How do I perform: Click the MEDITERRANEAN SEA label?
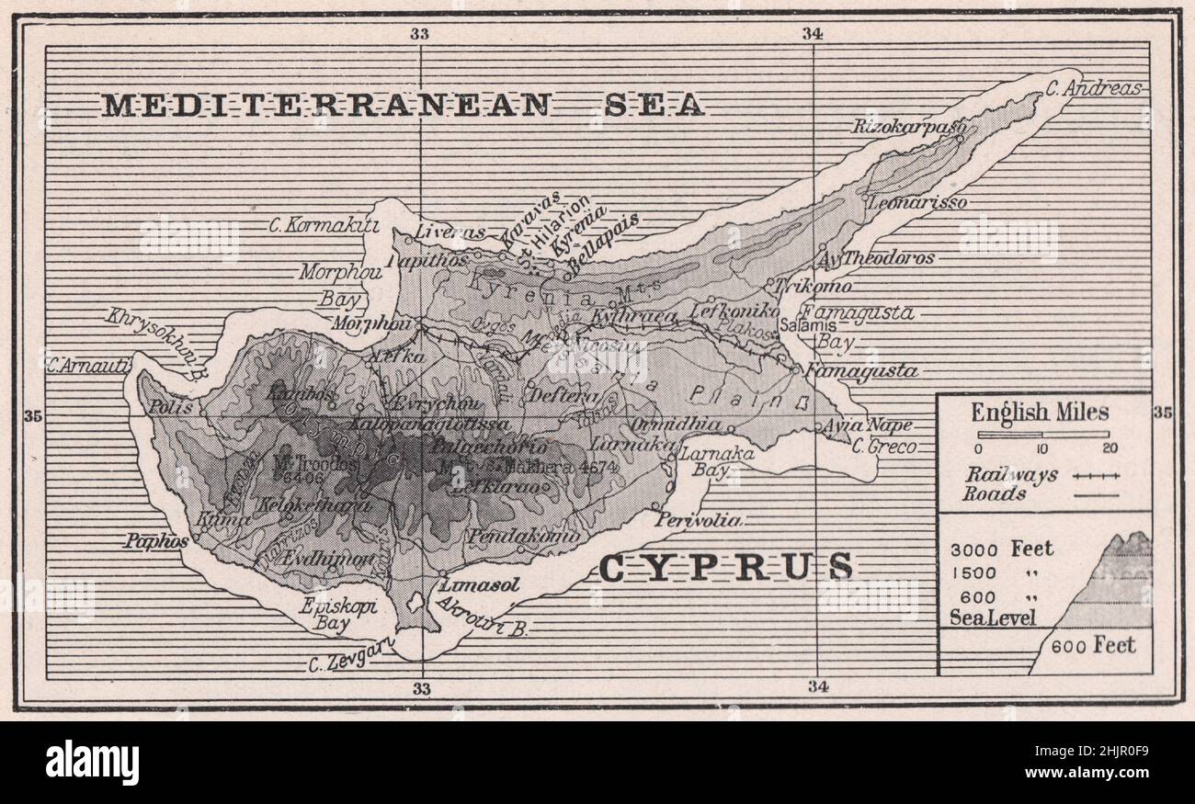pos(402,105)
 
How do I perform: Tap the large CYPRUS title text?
pos(725,567)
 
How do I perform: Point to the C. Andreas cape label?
pos(1093,89)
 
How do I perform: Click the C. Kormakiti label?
pos(311,224)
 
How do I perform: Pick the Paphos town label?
pos(156,541)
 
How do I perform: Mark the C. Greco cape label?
pos(883,447)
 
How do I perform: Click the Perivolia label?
pos(698,520)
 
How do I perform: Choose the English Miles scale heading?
pos(1040,413)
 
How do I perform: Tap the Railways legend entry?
pos(1011,475)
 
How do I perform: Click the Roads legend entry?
pos(995,493)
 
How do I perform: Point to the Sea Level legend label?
pos(992,617)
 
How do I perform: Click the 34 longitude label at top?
pos(812,34)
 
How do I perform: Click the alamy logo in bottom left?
pos(92,763)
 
